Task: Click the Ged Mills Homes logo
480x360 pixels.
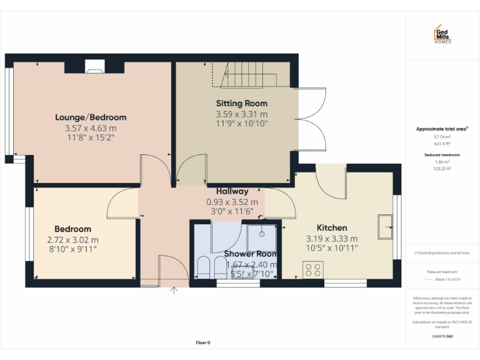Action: coord(442,34)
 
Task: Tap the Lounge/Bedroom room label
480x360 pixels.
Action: coord(91,117)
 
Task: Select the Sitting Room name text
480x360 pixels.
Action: coord(241,103)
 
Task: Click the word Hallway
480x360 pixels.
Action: coord(232,191)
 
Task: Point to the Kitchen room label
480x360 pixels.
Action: coord(331,227)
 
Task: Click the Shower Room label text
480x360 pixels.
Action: coord(250,254)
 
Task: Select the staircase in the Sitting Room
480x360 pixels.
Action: coord(250,77)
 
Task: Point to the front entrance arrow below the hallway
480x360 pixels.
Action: coord(174,289)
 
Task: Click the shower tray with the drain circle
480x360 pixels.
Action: coord(261,237)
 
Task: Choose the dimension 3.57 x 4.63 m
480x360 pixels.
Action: coord(91,127)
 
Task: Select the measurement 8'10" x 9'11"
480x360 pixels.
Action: coord(72,249)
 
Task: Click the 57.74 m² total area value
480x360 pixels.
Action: coord(442,136)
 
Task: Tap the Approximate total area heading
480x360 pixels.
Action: coord(442,129)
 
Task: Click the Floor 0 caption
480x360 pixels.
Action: coord(203,342)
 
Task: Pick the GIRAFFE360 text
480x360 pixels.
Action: coord(442,336)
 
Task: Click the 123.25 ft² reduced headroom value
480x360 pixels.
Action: coord(442,169)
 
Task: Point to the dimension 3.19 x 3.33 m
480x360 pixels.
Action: coord(331,238)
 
